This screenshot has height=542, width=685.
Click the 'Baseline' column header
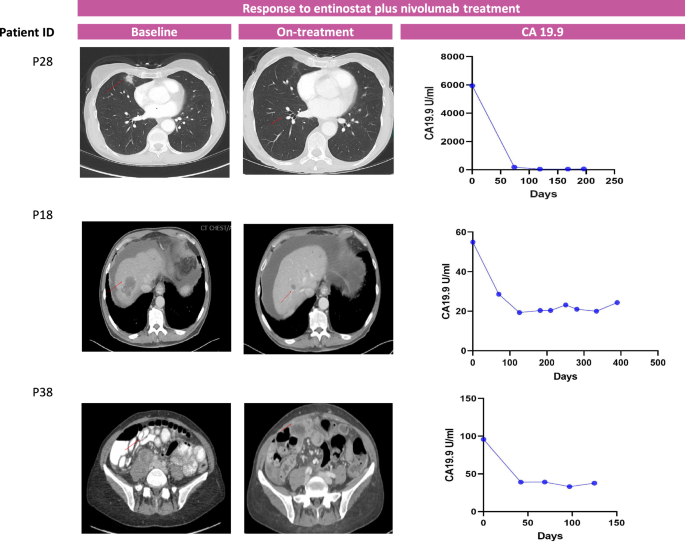tap(154, 31)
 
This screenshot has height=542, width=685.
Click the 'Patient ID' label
tap(27, 32)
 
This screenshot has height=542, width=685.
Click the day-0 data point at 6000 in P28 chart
tap(472, 86)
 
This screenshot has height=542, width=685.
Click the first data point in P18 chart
tap(472, 242)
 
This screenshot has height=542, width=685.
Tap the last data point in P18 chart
tap(617, 303)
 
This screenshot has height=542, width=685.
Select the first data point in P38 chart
tap(483, 439)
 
